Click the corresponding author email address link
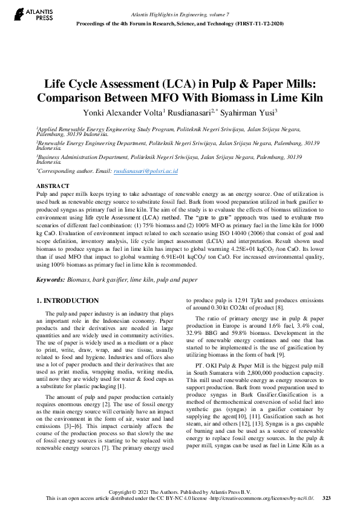145,171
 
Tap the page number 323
327,498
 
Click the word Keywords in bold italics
50,280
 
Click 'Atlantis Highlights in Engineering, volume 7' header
180,14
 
